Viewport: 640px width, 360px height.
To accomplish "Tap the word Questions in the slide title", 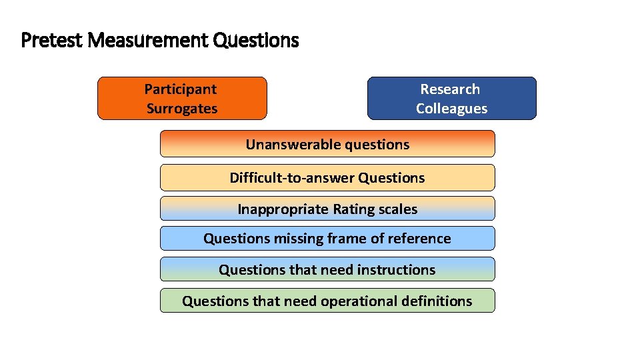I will (256, 41).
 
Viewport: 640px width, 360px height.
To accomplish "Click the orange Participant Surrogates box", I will (182, 99).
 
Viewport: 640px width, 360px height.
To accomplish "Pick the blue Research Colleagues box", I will (451, 99).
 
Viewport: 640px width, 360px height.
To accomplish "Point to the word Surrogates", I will (182, 109).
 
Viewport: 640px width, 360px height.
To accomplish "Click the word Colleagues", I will (451, 109).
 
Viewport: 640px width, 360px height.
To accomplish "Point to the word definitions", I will (437, 301).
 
